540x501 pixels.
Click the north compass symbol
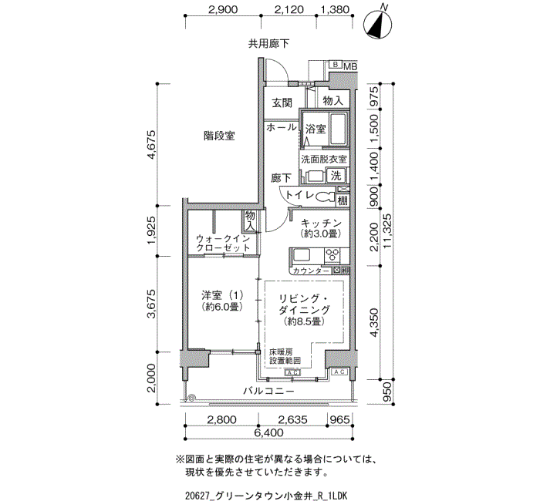pyautogui.click(x=378, y=23)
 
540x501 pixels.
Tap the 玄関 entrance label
pyautogui.click(x=282, y=103)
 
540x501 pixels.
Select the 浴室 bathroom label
pyautogui.click(x=316, y=129)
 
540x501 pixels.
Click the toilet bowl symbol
pyautogui.click(x=325, y=197)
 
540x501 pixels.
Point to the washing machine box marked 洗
pyautogui.click(x=336, y=176)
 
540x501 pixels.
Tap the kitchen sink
pyautogui.click(x=302, y=255)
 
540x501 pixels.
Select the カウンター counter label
pyautogui.click(x=311, y=271)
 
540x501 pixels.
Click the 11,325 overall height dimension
pyautogui.click(x=387, y=231)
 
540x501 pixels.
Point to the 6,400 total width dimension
pyautogui.click(x=269, y=432)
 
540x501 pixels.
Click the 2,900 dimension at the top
pyautogui.click(x=223, y=9)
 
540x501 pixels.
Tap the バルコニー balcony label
pyautogui.click(x=269, y=391)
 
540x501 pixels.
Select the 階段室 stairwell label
pyautogui.click(x=219, y=136)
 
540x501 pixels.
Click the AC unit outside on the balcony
pyautogui.click(x=339, y=372)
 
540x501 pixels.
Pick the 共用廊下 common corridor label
pyautogui.click(x=269, y=43)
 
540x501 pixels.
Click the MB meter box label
pyautogui.click(x=349, y=66)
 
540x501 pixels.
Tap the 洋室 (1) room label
pyautogui.click(x=222, y=295)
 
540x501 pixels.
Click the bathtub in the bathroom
pyautogui.click(x=338, y=129)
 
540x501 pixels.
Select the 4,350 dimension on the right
pyautogui.click(x=373, y=323)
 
